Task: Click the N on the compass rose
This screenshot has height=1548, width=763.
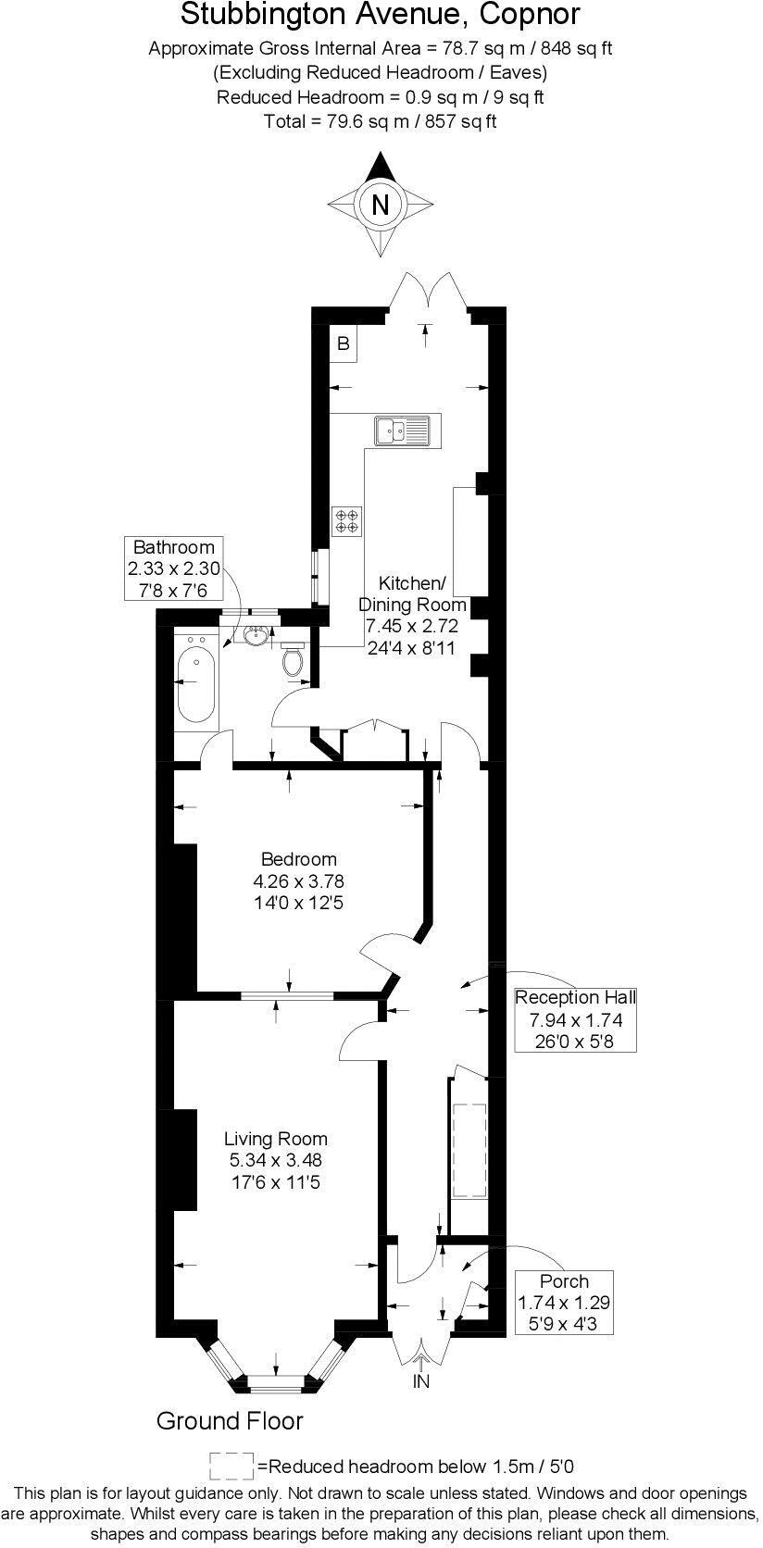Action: (380, 204)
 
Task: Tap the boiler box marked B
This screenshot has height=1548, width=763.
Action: (343, 344)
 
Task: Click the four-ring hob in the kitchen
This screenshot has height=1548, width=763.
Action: (347, 521)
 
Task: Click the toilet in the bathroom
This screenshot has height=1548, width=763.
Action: (294, 659)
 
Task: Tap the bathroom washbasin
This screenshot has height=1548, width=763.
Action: (256, 635)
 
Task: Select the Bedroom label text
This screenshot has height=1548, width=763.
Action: (298, 859)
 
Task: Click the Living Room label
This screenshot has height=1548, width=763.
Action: (276, 1139)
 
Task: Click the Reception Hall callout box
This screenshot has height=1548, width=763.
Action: (575, 1019)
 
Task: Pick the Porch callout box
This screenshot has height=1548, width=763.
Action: (564, 1303)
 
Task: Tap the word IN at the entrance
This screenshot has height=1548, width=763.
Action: (421, 1382)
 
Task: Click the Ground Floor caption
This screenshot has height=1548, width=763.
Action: (230, 1421)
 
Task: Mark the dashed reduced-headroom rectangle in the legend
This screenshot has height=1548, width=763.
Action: (231, 1466)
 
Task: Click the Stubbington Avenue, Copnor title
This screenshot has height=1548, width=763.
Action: (381, 16)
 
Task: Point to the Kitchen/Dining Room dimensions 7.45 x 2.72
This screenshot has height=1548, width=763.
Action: (411, 626)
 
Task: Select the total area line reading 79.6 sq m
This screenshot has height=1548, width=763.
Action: (381, 120)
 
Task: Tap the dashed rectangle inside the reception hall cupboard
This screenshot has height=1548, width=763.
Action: (469, 1150)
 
